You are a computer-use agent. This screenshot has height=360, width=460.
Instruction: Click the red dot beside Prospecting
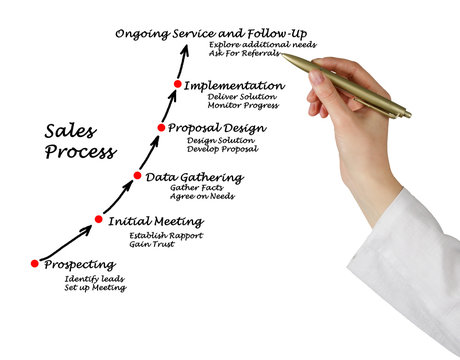point(35,264)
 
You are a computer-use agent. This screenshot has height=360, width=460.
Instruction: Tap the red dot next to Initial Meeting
point(99,219)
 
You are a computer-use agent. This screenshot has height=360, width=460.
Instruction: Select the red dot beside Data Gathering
point(138,176)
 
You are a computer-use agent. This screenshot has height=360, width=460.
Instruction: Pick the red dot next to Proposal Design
point(161,127)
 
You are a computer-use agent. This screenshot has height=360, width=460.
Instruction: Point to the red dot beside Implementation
point(178,84)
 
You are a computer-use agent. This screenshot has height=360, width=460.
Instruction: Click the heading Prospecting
point(81,265)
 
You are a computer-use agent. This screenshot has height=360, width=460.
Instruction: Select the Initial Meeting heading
point(155,221)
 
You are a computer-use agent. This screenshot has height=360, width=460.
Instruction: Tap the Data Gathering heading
point(194,178)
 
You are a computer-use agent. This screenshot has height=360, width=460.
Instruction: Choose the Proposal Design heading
point(217,128)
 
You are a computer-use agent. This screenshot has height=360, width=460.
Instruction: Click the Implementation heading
point(233,86)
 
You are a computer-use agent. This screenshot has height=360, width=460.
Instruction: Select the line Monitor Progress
point(242,106)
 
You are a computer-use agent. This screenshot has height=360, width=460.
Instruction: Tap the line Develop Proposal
point(222,150)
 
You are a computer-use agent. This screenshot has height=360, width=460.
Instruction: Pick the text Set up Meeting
point(95,288)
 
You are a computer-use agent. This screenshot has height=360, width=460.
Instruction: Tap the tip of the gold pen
point(282,55)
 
